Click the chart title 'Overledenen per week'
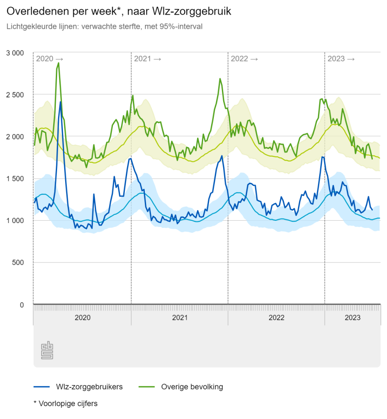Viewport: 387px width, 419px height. coord(119,12)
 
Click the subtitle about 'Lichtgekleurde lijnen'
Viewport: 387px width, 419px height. coord(104,27)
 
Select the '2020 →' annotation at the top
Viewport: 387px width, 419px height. coord(50,59)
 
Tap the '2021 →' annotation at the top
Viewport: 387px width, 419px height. coord(147,59)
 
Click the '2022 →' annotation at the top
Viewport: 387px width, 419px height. coord(244,59)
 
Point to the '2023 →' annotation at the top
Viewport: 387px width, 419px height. coord(341,59)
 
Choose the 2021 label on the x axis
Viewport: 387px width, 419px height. coord(180,318)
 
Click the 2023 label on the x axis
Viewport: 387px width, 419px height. coord(352,318)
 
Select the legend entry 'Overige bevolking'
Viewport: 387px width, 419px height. coord(192,387)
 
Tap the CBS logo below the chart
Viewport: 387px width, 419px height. coord(47,350)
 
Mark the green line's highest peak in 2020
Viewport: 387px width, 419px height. coord(58,63)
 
